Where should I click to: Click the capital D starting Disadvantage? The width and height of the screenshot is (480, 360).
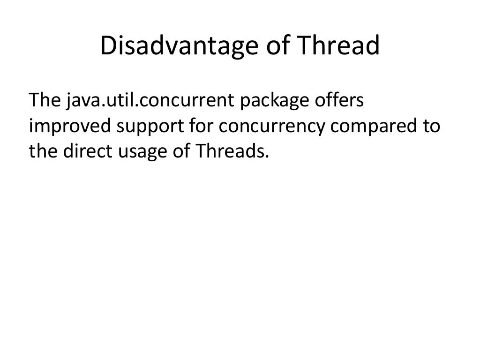pos(107,46)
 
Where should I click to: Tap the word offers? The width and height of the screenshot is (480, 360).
pos(341,101)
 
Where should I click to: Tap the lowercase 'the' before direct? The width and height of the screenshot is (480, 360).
pos(43,151)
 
